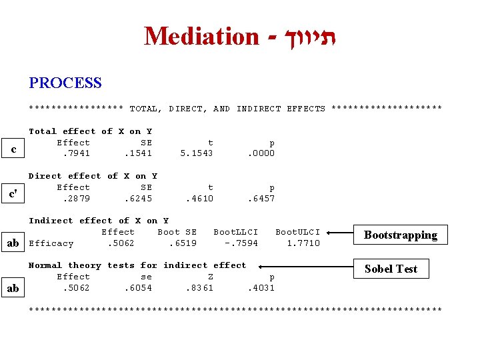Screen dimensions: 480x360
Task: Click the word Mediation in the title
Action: tap(201, 36)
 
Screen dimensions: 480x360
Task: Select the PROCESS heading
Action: tap(65, 83)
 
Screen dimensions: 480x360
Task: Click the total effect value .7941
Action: tap(76, 153)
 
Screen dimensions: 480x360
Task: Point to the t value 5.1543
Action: tap(197, 153)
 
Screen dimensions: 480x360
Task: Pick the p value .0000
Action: tap(261, 153)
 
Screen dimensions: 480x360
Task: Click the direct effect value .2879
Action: tap(76, 198)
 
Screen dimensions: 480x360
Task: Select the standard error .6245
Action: tap(138, 198)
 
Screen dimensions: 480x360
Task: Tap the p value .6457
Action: tap(261, 198)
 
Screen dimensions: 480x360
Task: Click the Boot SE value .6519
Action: tap(183, 243)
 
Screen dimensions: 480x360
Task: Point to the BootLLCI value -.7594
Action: tap(241, 243)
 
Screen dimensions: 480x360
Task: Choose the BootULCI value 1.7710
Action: tap(303, 243)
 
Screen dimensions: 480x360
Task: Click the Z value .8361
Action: tap(199, 288)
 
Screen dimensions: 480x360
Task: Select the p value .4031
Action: tap(261, 288)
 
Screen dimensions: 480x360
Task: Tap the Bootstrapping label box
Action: tap(400, 235)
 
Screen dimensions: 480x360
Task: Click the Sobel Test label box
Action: tap(391, 269)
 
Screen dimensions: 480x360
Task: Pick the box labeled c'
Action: tap(13, 194)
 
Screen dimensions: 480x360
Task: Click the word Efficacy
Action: tap(51, 243)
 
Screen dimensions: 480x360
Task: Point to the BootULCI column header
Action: tap(297, 232)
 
